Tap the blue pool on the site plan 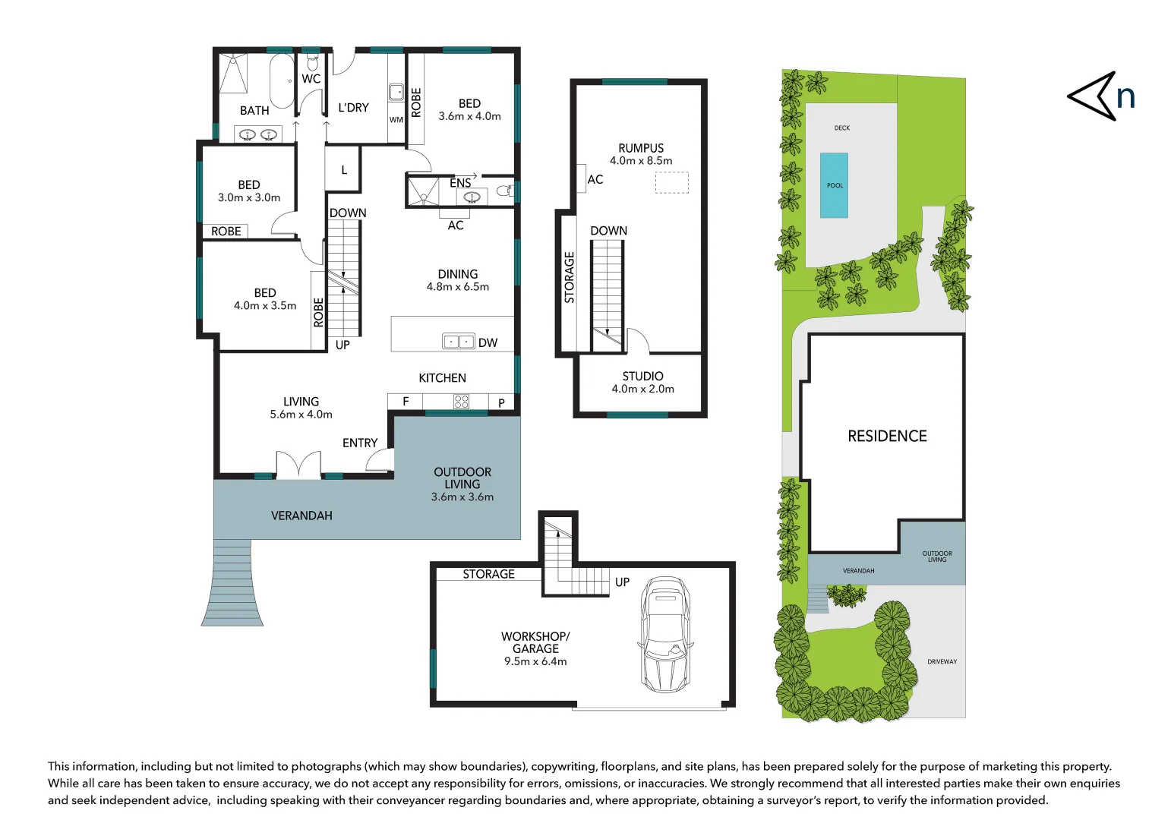pyautogui.click(x=834, y=185)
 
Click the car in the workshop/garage pyautogui.click(x=665, y=635)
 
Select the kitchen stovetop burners pyautogui.click(x=461, y=402)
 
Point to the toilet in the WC pyautogui.click(x=312, y=61)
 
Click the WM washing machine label pyautogui.click(x=396, y=120)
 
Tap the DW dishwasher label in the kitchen pyautogui.click(x=488, y=343)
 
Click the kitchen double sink pyautogui.click(x=459, y=342)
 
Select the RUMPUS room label pyautogui.click(x=641, y=148)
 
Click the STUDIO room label pyautogui.click(x=642, y=376)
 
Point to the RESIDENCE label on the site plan pyautogui.click(x=887, y=436)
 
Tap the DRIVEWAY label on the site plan pyautogui.click(x=942, y=661)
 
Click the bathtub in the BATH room pyautogui.click(x=282, y=81)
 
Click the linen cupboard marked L pyautogui.click(x=343, y=169)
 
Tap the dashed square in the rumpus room pyautogui.click(x=672, y=183)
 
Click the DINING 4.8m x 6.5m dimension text pyautogui.click(x=457, y=286)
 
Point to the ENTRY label pyautogui.click(x=360, y=443)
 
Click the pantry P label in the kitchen pyautogui.click(x=501, y=402)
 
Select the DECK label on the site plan pyautogui.click(x=841, y=128)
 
